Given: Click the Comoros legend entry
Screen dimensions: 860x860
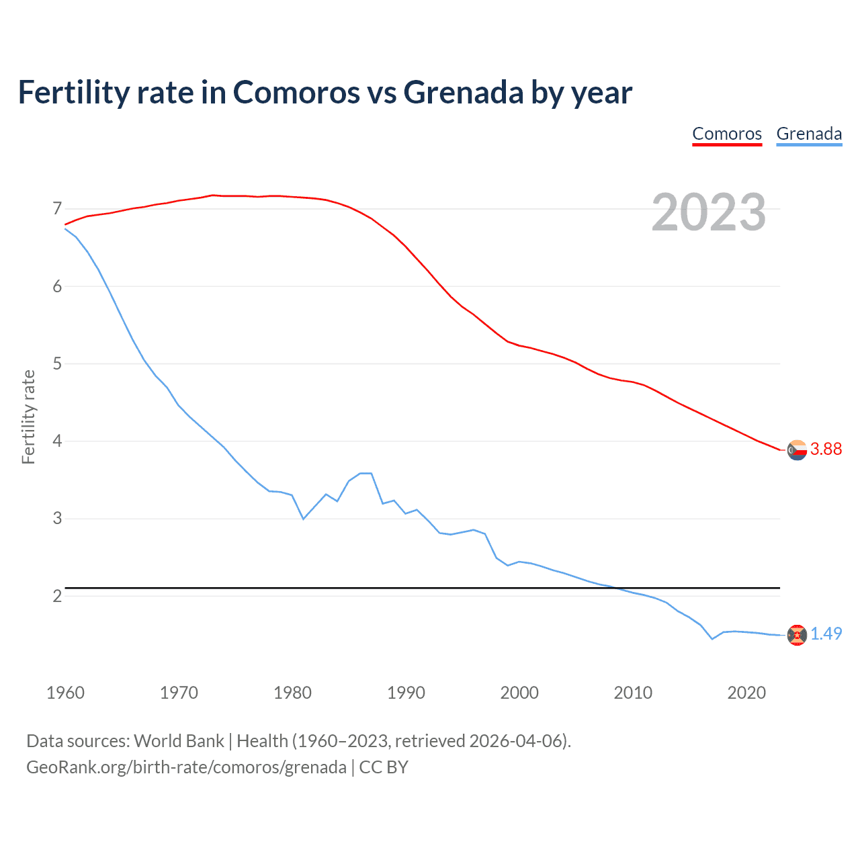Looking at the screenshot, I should [727, 134].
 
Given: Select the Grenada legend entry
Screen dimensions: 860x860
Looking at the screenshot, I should [809, 134].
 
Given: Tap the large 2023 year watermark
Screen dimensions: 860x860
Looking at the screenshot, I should [709, 212].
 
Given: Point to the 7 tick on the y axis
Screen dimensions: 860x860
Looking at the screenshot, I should [57, 209].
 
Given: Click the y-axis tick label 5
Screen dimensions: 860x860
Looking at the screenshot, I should [57, 364].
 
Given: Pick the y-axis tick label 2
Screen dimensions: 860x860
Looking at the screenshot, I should [57, 596].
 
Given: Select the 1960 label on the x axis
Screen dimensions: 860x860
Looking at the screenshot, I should [65, 693].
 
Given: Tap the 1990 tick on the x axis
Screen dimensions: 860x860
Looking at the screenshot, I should [406, 693].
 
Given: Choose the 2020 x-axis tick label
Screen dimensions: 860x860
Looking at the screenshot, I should [746, 693].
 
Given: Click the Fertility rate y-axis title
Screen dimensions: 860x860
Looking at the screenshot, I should [28, 417].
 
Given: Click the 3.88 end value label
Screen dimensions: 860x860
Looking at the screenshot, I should [826, 449].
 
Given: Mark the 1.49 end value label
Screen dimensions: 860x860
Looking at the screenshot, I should [826, 634].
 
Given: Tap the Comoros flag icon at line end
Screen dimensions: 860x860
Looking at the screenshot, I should [797, 450].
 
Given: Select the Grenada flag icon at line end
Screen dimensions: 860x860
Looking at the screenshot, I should [797, 635].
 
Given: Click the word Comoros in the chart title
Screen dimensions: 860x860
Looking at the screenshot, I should [296, 93].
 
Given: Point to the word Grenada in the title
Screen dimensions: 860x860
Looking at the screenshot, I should [464, 93].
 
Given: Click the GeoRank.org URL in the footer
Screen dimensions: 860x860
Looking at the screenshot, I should [186, 767].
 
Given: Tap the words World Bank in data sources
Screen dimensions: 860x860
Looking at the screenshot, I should [179, 741].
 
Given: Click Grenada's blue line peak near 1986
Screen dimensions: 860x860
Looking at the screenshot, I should [365, 473].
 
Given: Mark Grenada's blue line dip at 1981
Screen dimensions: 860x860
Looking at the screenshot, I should [303, 519].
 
